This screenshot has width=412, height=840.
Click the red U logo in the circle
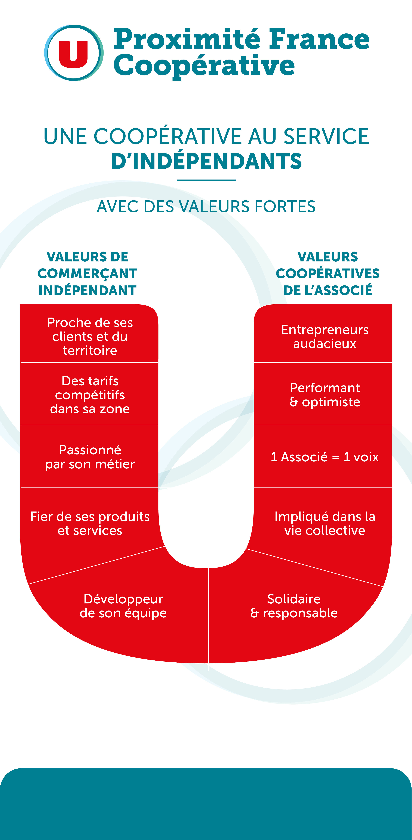74,53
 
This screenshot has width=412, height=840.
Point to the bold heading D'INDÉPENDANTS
206,161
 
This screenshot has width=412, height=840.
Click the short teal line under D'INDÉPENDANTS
206,180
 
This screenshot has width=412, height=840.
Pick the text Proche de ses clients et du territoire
90,336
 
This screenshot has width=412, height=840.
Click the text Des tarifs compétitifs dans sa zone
90,395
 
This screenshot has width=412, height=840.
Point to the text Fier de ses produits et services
90,523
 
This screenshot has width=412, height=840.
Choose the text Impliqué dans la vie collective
325,523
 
